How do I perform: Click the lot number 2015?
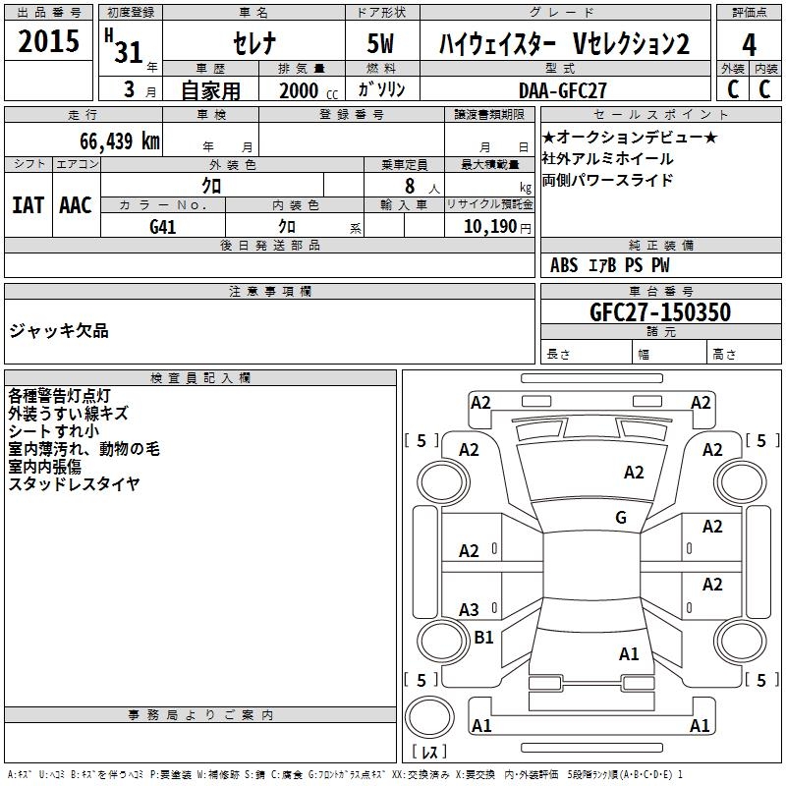49,42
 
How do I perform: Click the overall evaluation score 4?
750,44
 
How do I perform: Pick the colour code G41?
163,225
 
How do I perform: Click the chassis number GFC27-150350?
659,312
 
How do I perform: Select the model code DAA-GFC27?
564,89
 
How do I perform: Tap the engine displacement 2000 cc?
304,90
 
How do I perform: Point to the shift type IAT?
28,205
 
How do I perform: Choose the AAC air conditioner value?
76,205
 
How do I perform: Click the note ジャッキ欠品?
59,331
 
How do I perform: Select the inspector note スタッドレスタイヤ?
75,483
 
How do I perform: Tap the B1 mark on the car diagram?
483,638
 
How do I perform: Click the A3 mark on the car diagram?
469,609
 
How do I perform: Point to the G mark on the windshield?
620,517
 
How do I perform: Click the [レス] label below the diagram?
429,753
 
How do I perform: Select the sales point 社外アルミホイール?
608,158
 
